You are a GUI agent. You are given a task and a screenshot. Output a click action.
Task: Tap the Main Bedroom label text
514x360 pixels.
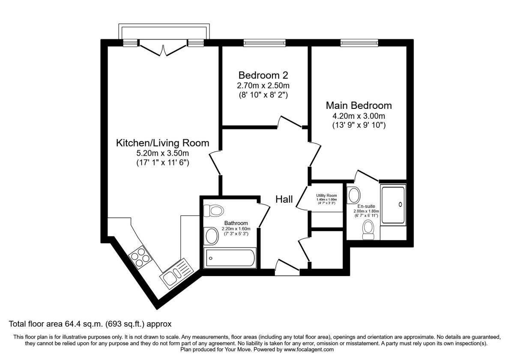click(x=359, y=105)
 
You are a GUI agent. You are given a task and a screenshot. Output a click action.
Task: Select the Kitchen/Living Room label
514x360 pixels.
click(x=162, y=143)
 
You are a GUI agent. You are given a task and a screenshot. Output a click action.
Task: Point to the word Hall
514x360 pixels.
click(x=284, y=199)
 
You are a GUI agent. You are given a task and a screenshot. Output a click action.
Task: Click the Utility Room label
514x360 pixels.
click(x=326, y=195)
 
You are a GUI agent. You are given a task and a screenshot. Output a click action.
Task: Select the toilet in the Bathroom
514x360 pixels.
click(x=213, y=211)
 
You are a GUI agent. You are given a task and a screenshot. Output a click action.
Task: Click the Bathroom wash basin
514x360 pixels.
click(x=212, y=235)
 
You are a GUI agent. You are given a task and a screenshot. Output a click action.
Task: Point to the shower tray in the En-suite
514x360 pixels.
click(x=393, y=204)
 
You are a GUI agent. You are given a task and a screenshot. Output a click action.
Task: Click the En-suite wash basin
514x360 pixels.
click(x=354, y=195)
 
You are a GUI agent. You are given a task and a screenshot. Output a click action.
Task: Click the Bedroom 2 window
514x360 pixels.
click(x=264, y=42)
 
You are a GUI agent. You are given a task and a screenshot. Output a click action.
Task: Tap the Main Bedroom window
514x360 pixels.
click(x=359, y=42)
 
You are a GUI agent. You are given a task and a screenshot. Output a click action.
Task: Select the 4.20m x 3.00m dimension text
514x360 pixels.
click(x=359, y=116)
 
